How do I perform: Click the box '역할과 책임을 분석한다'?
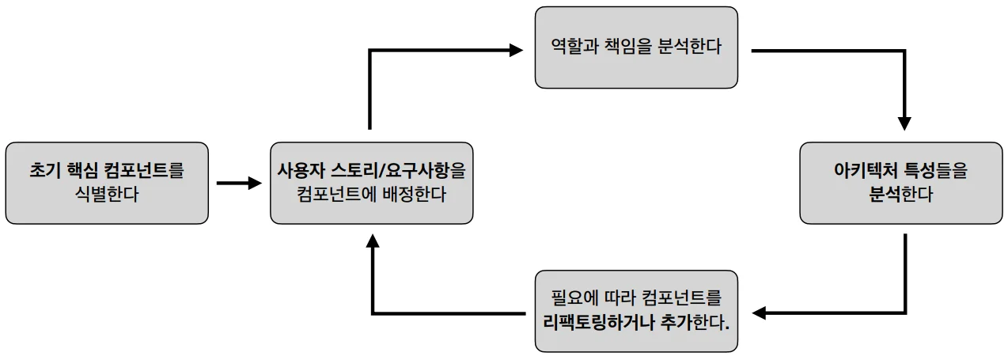click(636, 47)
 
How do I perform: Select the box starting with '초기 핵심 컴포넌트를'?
click(107, 183)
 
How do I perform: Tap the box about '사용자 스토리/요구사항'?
click(372, 183)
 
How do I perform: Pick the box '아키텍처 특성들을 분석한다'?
click(901, 183)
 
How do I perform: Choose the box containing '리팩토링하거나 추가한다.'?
click(636, 311)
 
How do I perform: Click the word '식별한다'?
click(107, 195)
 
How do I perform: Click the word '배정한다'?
click(415, 195)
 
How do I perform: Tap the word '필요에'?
click(574, 298)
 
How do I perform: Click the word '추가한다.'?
click(695, 322)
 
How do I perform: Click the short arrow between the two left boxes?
click(240, 183)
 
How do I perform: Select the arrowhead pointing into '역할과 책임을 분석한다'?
click(516, 50)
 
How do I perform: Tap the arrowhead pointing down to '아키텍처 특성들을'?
click(904, 123)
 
